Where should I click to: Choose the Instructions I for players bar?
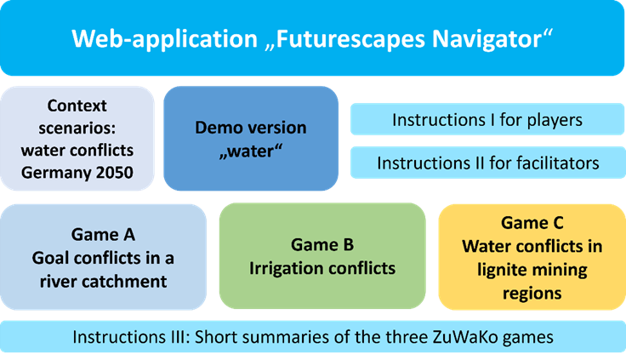487,120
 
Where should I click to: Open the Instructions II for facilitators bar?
487,161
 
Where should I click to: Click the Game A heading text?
105,234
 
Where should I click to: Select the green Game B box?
322,255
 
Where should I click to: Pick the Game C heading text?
532,223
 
